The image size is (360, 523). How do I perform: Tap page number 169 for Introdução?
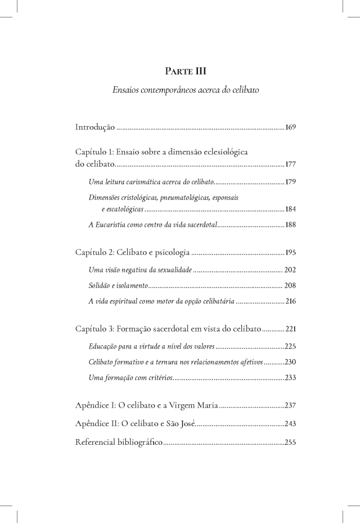pyautogui.click(x=291, y=127)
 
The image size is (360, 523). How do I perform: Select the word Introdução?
pyautogui.click(x=95, y=127)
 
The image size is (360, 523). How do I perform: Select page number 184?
pyautogui.click(x=291, y=209)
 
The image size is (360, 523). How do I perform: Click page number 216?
pyautogui.click(x=291, y=302)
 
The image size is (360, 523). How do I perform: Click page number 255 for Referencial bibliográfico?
pyautogui.click(x=291, y=442)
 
